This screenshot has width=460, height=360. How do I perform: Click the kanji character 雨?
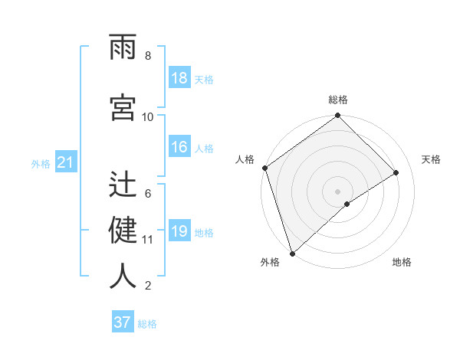123,47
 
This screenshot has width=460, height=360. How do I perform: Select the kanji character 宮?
123,107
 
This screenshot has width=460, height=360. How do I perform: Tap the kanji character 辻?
123,185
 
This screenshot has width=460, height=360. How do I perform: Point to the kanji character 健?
123,230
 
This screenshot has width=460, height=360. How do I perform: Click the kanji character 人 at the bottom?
123,275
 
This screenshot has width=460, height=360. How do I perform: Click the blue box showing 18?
179,79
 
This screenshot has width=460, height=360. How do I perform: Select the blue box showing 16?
179,148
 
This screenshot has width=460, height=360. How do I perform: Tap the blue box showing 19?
179,232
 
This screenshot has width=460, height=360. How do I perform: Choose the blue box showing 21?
65,163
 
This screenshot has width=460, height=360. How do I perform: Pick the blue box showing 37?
123,322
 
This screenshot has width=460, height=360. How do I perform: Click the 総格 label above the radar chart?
337,100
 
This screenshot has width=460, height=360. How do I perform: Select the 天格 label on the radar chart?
432,159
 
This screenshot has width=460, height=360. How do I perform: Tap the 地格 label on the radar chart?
402,262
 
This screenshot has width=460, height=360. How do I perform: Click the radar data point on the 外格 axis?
291,253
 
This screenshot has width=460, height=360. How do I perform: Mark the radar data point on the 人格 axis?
264,168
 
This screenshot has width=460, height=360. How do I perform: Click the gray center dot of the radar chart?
337,191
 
